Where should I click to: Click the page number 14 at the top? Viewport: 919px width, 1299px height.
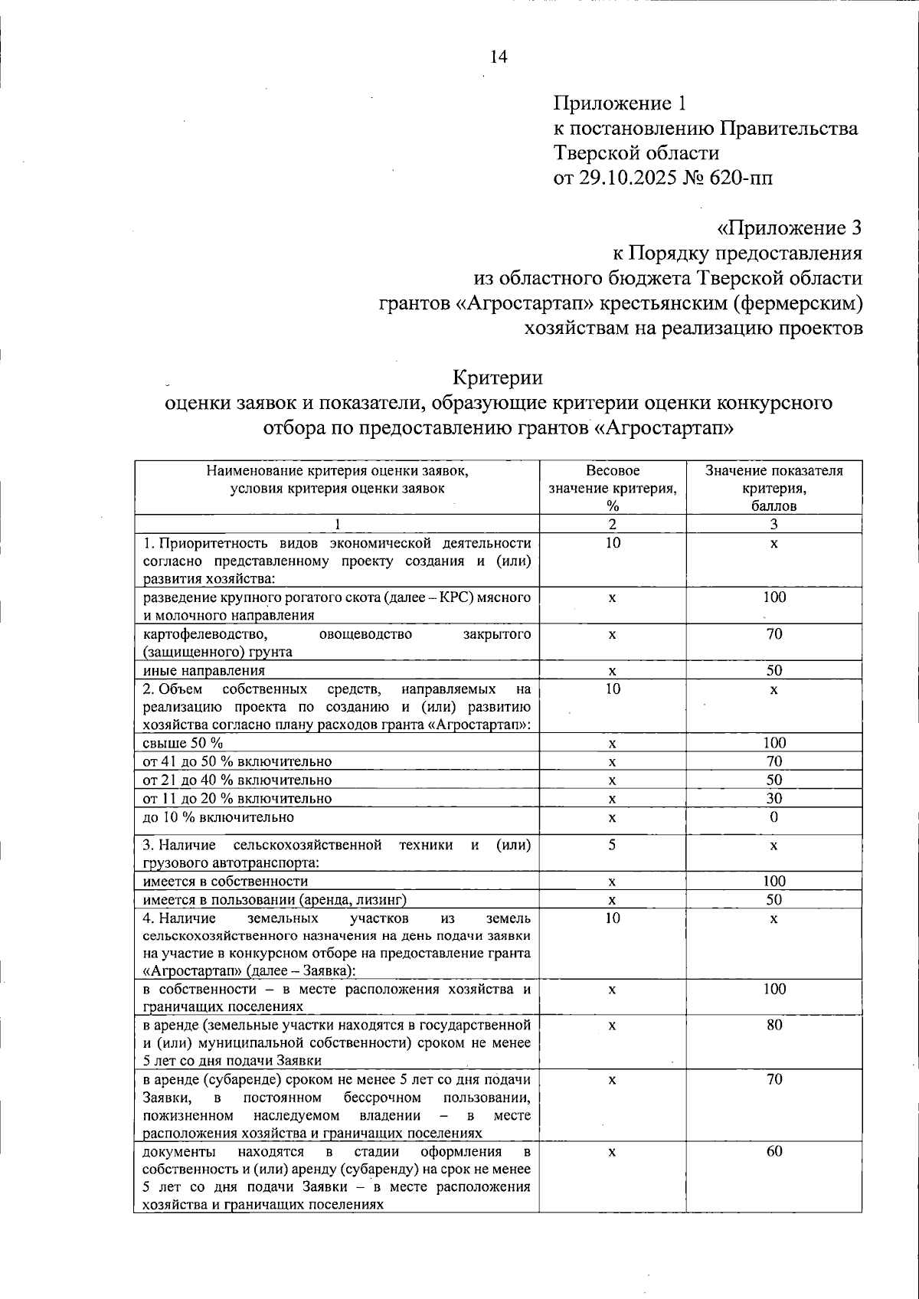tap(498, 57)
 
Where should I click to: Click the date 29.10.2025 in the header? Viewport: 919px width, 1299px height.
tap(629, 178)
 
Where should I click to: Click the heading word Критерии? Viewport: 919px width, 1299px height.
tap(498, 378)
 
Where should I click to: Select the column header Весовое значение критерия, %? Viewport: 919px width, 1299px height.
tap(613, 488)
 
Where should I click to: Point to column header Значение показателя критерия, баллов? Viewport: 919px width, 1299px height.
tap(773, 488)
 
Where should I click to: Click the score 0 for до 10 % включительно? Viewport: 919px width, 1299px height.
tap(774, 816)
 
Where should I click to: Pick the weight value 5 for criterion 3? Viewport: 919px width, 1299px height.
tap(613, 844)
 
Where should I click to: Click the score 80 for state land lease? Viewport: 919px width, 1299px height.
tap(774, 1025)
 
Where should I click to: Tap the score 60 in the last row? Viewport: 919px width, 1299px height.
tap(774, 1151)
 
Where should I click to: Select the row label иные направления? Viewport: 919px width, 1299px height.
tap(204, 670)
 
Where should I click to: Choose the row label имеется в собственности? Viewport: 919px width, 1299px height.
tap(225, 881)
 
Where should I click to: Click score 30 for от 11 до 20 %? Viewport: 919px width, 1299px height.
tap(774, 798)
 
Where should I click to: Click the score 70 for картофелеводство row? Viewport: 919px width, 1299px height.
tap(774, 633)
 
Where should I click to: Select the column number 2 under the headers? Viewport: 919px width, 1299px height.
tap(613, 524)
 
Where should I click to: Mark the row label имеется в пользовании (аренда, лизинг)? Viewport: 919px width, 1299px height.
tap(274, 899)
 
